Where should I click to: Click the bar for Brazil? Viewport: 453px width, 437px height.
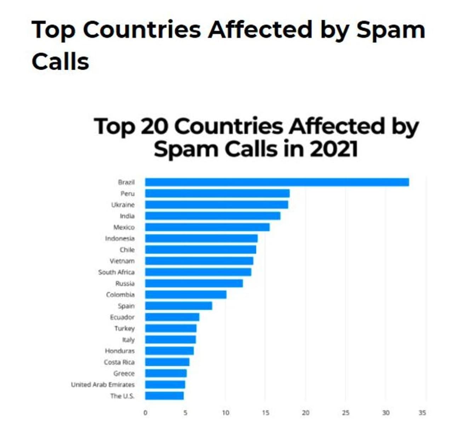pos(277,182)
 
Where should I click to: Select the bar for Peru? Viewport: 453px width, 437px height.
pos(217,194)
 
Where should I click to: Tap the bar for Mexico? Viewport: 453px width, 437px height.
pos(207,227)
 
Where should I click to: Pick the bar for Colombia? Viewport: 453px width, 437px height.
pos(185,294)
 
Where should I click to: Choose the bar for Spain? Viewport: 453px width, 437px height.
pos(178,306)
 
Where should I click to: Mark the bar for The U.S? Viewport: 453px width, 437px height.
pos(164,396)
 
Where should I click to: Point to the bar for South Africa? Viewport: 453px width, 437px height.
pos(198,272)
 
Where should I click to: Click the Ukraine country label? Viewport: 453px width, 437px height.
pos(123,205)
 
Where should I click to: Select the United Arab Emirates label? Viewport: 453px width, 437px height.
pos(103,385)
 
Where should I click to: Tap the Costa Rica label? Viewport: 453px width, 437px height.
pos(119,362)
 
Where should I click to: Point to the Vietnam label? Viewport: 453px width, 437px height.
pos(122,261)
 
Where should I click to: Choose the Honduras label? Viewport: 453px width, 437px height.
pos(120,351)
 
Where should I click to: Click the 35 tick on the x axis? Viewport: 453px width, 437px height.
pos(422,413)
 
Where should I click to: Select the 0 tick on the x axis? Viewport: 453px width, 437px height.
pos(145,413)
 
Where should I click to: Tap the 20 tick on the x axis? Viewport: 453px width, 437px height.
pos(305,413)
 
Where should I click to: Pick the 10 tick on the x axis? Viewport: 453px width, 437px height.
pos(225,413)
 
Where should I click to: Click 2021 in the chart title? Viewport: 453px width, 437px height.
pos(333,149)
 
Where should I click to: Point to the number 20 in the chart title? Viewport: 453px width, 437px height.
pos(154,126)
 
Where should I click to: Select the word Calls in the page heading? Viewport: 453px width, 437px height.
pos(60,62)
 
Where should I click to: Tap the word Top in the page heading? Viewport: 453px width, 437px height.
pos(53,30)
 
